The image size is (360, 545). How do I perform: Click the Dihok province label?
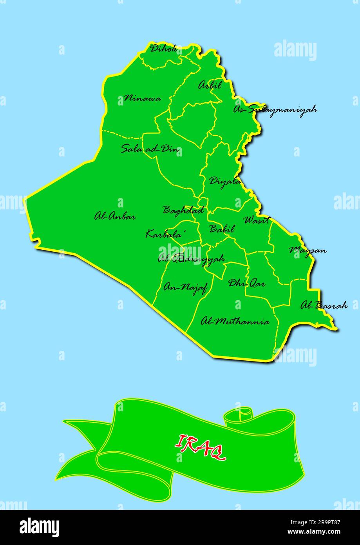click(163, 49)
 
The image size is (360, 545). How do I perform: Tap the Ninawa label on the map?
click(142, 98)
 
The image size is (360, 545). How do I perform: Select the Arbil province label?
click(210, 85)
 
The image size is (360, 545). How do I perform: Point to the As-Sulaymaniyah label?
click(275, 109)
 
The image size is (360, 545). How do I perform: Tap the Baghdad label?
click(183, 210)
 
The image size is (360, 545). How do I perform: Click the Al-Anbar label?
click(115, 216)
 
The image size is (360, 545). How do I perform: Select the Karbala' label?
click(165, 234)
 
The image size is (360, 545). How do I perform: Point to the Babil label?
click(222, 229)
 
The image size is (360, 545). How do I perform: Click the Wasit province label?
click(257, 220)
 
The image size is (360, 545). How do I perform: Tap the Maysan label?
click(308, 250)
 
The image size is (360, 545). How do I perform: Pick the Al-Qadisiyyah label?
click(191, 259)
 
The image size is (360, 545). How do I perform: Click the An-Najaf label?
click(185, 288)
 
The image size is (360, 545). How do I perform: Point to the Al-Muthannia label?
click(235, 322)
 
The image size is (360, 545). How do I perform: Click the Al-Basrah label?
click(324, 305)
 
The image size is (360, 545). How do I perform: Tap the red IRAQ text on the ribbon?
click(200, 447)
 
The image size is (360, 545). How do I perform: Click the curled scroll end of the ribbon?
click(238, 416)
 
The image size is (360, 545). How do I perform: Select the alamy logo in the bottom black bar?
click(40, 528)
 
